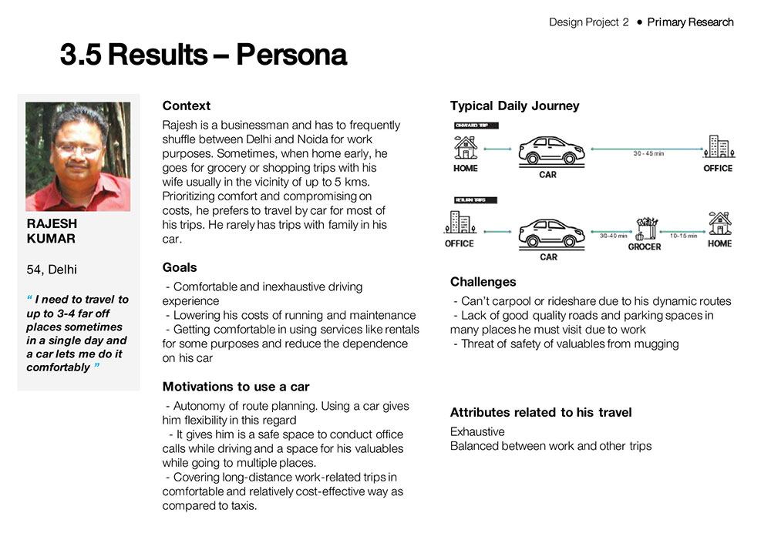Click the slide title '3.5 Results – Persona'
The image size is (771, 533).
click(x=204, y=55)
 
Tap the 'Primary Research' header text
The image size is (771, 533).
click(x=690, y=22)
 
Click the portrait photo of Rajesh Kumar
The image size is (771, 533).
click(x=78, y=156)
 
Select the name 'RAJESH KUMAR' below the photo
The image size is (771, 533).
click(x=52, y=231)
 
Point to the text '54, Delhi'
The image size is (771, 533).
click(x=52, y=270)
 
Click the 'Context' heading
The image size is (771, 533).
click(x=186, y=106)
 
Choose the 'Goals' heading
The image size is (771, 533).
click(x=180, y=267)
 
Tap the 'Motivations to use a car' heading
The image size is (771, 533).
click(x=236, y=387)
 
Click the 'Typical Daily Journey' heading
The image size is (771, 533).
click(x=514, y=106)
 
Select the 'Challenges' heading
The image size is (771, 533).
click(x=483, y=282)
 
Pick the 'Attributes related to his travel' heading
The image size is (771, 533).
click(x=540, y=413)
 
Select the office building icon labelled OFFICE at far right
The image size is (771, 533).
click(x=718, y=147)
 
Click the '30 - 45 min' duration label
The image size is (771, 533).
click(x=648, y=154)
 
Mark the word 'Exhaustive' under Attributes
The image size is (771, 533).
click(x=477, y=432)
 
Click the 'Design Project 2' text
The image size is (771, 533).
click(x=589, y=22)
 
